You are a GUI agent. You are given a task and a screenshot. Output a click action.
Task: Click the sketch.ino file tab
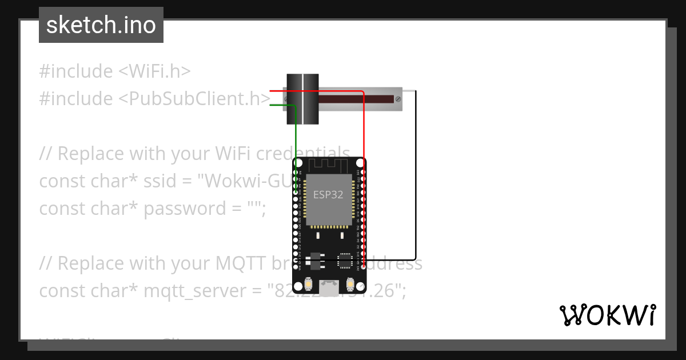(101, 25)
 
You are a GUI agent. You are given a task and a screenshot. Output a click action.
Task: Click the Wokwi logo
(607, 315)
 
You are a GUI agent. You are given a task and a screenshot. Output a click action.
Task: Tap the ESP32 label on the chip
(328, 194)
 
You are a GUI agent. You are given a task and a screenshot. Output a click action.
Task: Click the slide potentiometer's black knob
(302, 99)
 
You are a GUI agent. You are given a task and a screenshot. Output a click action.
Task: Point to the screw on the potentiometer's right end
(398, 99)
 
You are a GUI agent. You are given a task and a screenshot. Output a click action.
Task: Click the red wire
(364, 171)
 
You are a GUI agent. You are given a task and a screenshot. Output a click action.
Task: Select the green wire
(296, 137)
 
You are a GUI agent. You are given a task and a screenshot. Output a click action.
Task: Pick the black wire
(416, 171)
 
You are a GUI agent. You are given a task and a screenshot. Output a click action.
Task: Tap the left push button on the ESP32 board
(308, 283)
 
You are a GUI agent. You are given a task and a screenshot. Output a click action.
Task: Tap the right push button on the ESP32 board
(350, 283)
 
